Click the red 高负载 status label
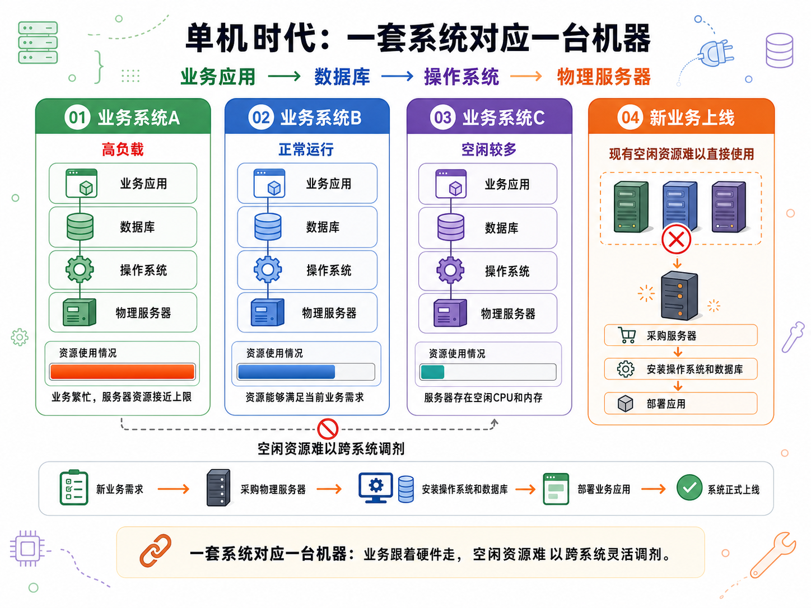[x=122, y=149]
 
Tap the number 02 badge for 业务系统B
[x=261, y=118]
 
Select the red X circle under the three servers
[x=676, y=239]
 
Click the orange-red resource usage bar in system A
[x=122, y=371]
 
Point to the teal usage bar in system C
[x=432, y=372]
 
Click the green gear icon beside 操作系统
[x=80, y=269]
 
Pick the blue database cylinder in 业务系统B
[x=268, y=227]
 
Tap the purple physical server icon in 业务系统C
[x=450, y=313]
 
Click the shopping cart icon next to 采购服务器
[x=627, y=335]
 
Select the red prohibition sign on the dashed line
[x=327, y=429]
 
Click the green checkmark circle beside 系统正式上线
[x=689, y=487]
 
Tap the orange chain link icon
[x=156, y=550]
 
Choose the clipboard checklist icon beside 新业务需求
[x=74, y=487]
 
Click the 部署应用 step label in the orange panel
[x=666, y=404]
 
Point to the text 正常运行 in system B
[x=306, y=149]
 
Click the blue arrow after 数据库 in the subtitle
[x=397, y=76]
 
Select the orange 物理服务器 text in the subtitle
[x=603, y=77]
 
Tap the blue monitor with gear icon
[x=375, y=487]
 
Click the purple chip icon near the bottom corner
[x=27, y=549]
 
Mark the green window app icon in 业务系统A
[x=81, y=183]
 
